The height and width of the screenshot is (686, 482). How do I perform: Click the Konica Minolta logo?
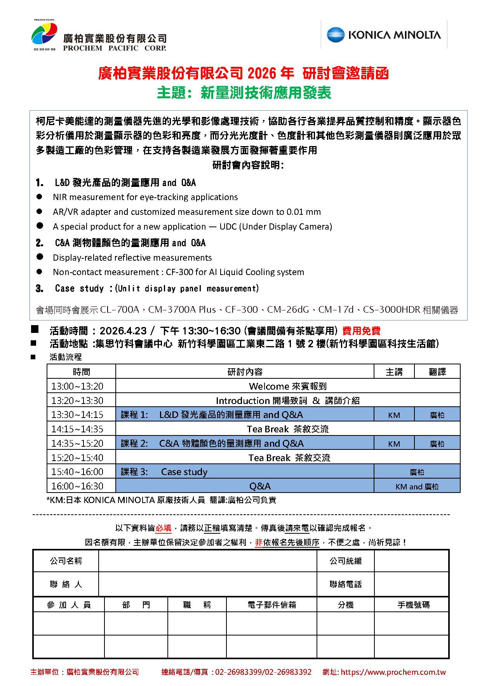(x=384, y=35)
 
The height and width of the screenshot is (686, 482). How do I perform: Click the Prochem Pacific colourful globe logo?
(x=44, y=33)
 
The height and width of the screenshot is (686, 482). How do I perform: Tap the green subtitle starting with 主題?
(x=244, y=93)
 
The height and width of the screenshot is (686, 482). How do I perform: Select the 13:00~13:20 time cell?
(x=78, y=386)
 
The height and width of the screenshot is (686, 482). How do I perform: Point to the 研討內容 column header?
(x=245, y=372)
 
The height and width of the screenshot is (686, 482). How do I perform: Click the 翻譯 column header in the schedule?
(x=437, y=372)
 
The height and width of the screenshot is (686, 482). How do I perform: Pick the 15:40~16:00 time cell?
(x=78, y=472)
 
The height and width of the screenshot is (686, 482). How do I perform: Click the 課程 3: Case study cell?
(x=245, y=472)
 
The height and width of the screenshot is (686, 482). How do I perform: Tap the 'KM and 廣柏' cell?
(x=417, y=486)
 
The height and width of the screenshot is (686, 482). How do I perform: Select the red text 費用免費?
(x=361, y=331)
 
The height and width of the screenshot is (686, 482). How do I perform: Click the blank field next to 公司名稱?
(x=207, y=561)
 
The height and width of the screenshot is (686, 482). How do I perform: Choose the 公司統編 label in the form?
(x=345, y=561)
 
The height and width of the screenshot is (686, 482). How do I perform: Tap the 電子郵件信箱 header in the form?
(x=271, y=605)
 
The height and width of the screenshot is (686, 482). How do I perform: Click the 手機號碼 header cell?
(x=413, y=605)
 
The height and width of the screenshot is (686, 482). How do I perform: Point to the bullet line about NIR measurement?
(x=145, y=197)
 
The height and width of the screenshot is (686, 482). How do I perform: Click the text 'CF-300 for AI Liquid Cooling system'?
(x=235, y=272)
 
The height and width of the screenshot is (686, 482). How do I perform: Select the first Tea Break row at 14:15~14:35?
(x=287, y=429)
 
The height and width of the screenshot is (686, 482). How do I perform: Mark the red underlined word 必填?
(x=164, y=528)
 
